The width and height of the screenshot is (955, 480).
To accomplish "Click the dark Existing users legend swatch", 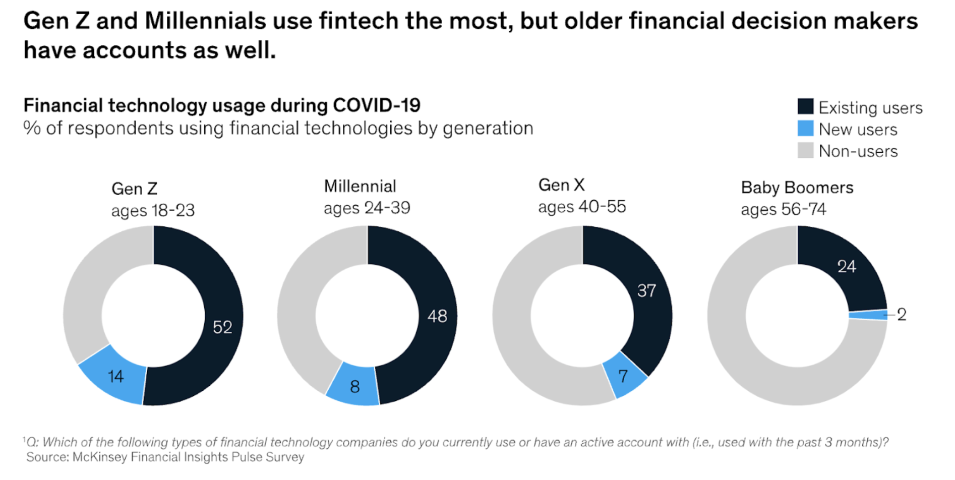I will (805, 107).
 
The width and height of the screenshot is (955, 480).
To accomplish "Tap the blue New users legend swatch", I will (805, 129).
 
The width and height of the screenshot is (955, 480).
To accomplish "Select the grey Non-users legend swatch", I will (805, 150).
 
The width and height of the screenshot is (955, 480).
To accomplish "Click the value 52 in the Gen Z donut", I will (222, 327).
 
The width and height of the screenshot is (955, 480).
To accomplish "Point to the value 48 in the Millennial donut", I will (437, 316).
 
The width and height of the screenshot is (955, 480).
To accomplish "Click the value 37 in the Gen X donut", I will (646, 290).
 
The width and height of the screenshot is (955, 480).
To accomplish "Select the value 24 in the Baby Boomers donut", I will (847, 266).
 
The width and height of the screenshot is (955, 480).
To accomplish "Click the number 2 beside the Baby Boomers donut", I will (902, 315).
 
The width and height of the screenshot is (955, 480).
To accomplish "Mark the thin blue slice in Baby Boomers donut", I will (868, 315).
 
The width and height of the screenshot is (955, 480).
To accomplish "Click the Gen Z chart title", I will (134, 189).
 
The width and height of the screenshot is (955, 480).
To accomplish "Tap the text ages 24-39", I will (367, 208).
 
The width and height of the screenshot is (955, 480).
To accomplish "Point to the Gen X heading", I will (561, 185).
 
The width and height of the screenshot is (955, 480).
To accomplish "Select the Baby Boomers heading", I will (797, 188).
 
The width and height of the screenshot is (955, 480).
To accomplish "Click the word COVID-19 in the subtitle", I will (376, 105).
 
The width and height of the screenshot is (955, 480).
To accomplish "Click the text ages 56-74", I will (783, 209).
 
